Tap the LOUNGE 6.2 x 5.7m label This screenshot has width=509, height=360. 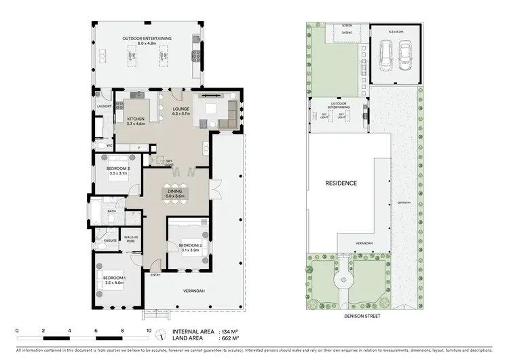point(180,111)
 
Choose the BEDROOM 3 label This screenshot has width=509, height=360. point(118,170)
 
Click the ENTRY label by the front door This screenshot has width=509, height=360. point(155,275)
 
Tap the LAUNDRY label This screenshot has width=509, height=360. point(104,107)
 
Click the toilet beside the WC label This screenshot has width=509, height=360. point(98,145)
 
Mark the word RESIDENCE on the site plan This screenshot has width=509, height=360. point(341,183)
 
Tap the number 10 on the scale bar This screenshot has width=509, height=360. point(149,331)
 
